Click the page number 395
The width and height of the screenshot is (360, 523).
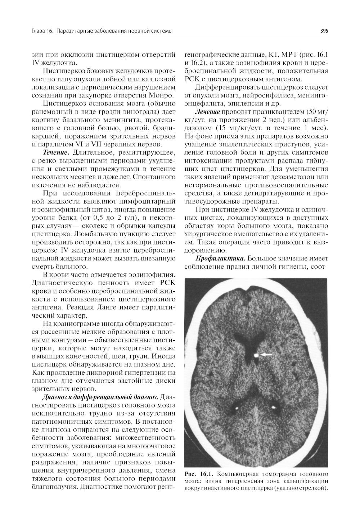click(x=324, y=31)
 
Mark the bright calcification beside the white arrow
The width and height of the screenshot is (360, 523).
click(x=256, y=355)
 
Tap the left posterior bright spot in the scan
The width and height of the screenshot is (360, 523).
click(x=237, y=408)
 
